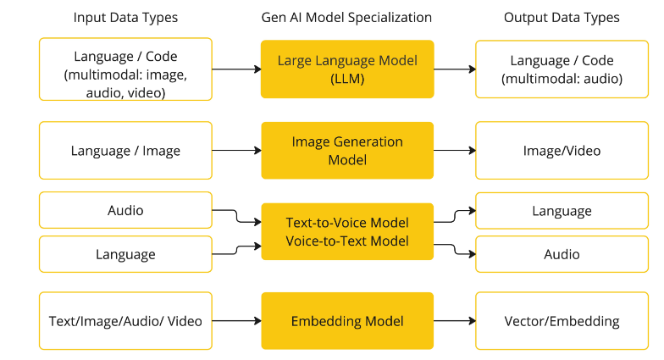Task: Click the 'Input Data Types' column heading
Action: (x=125, y=17)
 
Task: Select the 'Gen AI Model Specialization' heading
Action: (x=346, y=17)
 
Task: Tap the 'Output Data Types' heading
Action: (x=562, y=17)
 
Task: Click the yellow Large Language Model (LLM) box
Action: (x=347, y=69)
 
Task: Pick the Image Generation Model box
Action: (x=347, y=151)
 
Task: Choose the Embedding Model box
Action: (x=347, y=321)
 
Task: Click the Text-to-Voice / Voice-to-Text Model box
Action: (x=347, y=232)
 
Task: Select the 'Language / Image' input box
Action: (x=125, y=151)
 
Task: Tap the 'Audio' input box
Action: (x=125, y=210)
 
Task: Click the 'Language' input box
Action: (x=125, y=254)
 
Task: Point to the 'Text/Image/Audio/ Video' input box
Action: (x=125, y=321)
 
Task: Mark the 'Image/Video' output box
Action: (x=562, y=151)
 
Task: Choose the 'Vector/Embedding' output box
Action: (x=562, y=321)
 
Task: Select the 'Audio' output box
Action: (x=562, y=254)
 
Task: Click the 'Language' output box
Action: (x=562, y=211)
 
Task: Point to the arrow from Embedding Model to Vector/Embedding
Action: (x=454, y=321)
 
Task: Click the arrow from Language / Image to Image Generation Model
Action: (x=236, y=151)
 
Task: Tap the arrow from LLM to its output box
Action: (x=454, y=69)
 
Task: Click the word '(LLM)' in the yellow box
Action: (x=347, y=78)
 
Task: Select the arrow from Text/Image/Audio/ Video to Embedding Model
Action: (x=236, y=321)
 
